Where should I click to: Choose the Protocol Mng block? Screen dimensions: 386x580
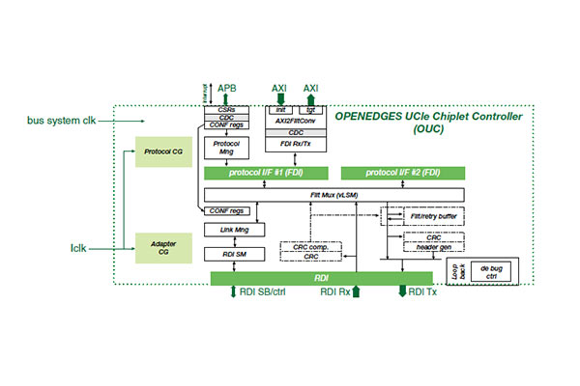(x=226, y=151)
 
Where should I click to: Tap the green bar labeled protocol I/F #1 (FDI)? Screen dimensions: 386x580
(x=267, y=173)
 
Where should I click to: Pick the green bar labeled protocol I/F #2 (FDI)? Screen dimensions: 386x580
(x=402, y=173)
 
